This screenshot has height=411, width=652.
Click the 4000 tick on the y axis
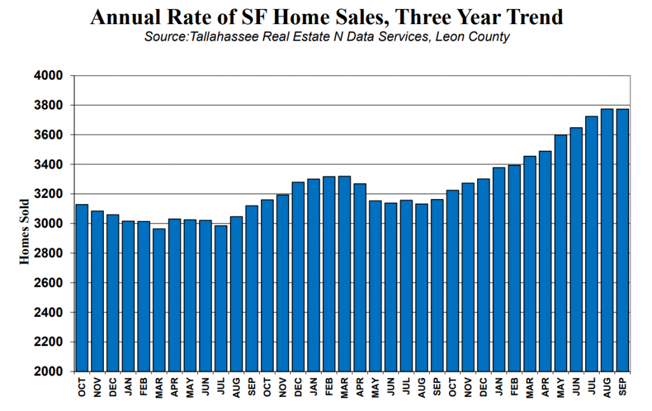pos(48,76)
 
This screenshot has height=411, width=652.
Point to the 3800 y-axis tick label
pos(48,105)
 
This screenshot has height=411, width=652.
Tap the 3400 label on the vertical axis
pos(48,165)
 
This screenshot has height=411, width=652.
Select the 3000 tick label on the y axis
pos(48,223)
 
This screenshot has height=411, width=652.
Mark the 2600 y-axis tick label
pos(48,282)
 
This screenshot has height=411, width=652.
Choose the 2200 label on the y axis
pos(48,342)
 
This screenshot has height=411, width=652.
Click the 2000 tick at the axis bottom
pos(48,371)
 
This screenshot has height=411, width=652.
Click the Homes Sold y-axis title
pos(25,232)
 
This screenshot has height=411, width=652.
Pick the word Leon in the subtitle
pos(450,36)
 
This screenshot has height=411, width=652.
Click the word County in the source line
pos(489,37)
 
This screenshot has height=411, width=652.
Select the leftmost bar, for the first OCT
pos(82,288)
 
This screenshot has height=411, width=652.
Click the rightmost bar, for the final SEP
pos(623,240)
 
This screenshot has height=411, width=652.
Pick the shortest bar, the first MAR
pos(159,300)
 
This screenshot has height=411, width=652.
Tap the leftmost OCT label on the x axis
pos(82,387)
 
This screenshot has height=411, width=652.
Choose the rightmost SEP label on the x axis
pos(623,387)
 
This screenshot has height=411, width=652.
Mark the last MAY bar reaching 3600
pos(560,253)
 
